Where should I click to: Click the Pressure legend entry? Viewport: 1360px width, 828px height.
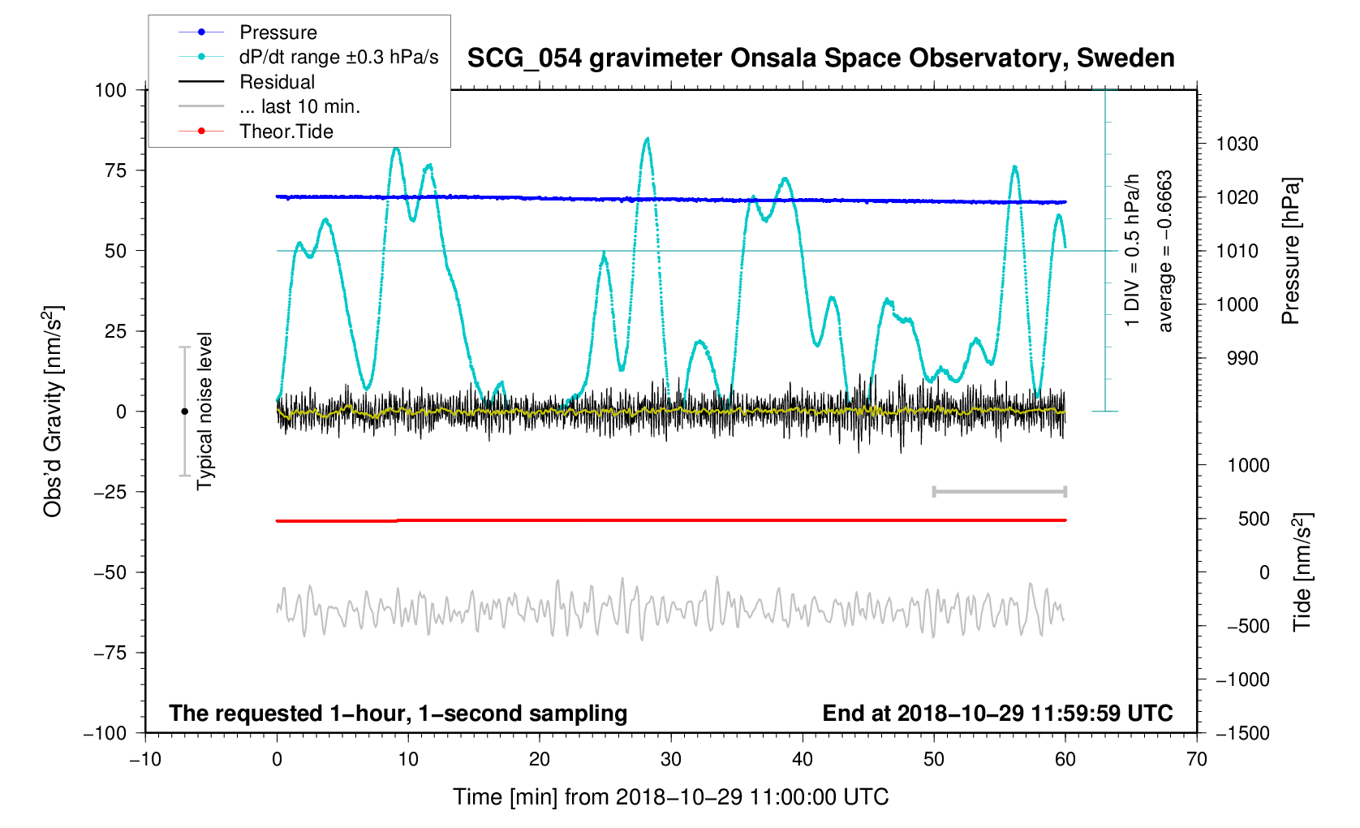point(278,32)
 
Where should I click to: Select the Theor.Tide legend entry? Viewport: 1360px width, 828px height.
point(286,132)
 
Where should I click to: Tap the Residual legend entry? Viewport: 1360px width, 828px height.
point(277,82)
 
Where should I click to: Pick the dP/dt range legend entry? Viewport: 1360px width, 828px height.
point(338,57)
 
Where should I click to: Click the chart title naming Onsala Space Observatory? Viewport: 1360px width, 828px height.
point(820,58)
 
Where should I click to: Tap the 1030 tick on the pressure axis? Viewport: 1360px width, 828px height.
point(1237,144)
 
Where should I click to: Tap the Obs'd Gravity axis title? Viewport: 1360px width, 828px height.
point(53,411)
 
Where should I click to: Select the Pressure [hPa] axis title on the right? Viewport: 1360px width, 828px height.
point(1290,251)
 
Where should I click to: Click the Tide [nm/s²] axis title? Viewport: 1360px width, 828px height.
point(1302,571)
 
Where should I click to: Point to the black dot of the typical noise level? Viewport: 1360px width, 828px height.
point(184,412)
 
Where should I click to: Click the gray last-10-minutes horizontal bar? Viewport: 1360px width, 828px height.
point(999,492)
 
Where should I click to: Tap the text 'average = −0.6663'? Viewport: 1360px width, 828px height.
point(1165,251)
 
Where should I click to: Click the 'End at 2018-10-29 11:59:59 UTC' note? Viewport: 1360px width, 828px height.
point(997,714)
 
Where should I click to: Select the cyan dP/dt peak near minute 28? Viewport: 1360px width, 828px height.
point(647,140)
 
